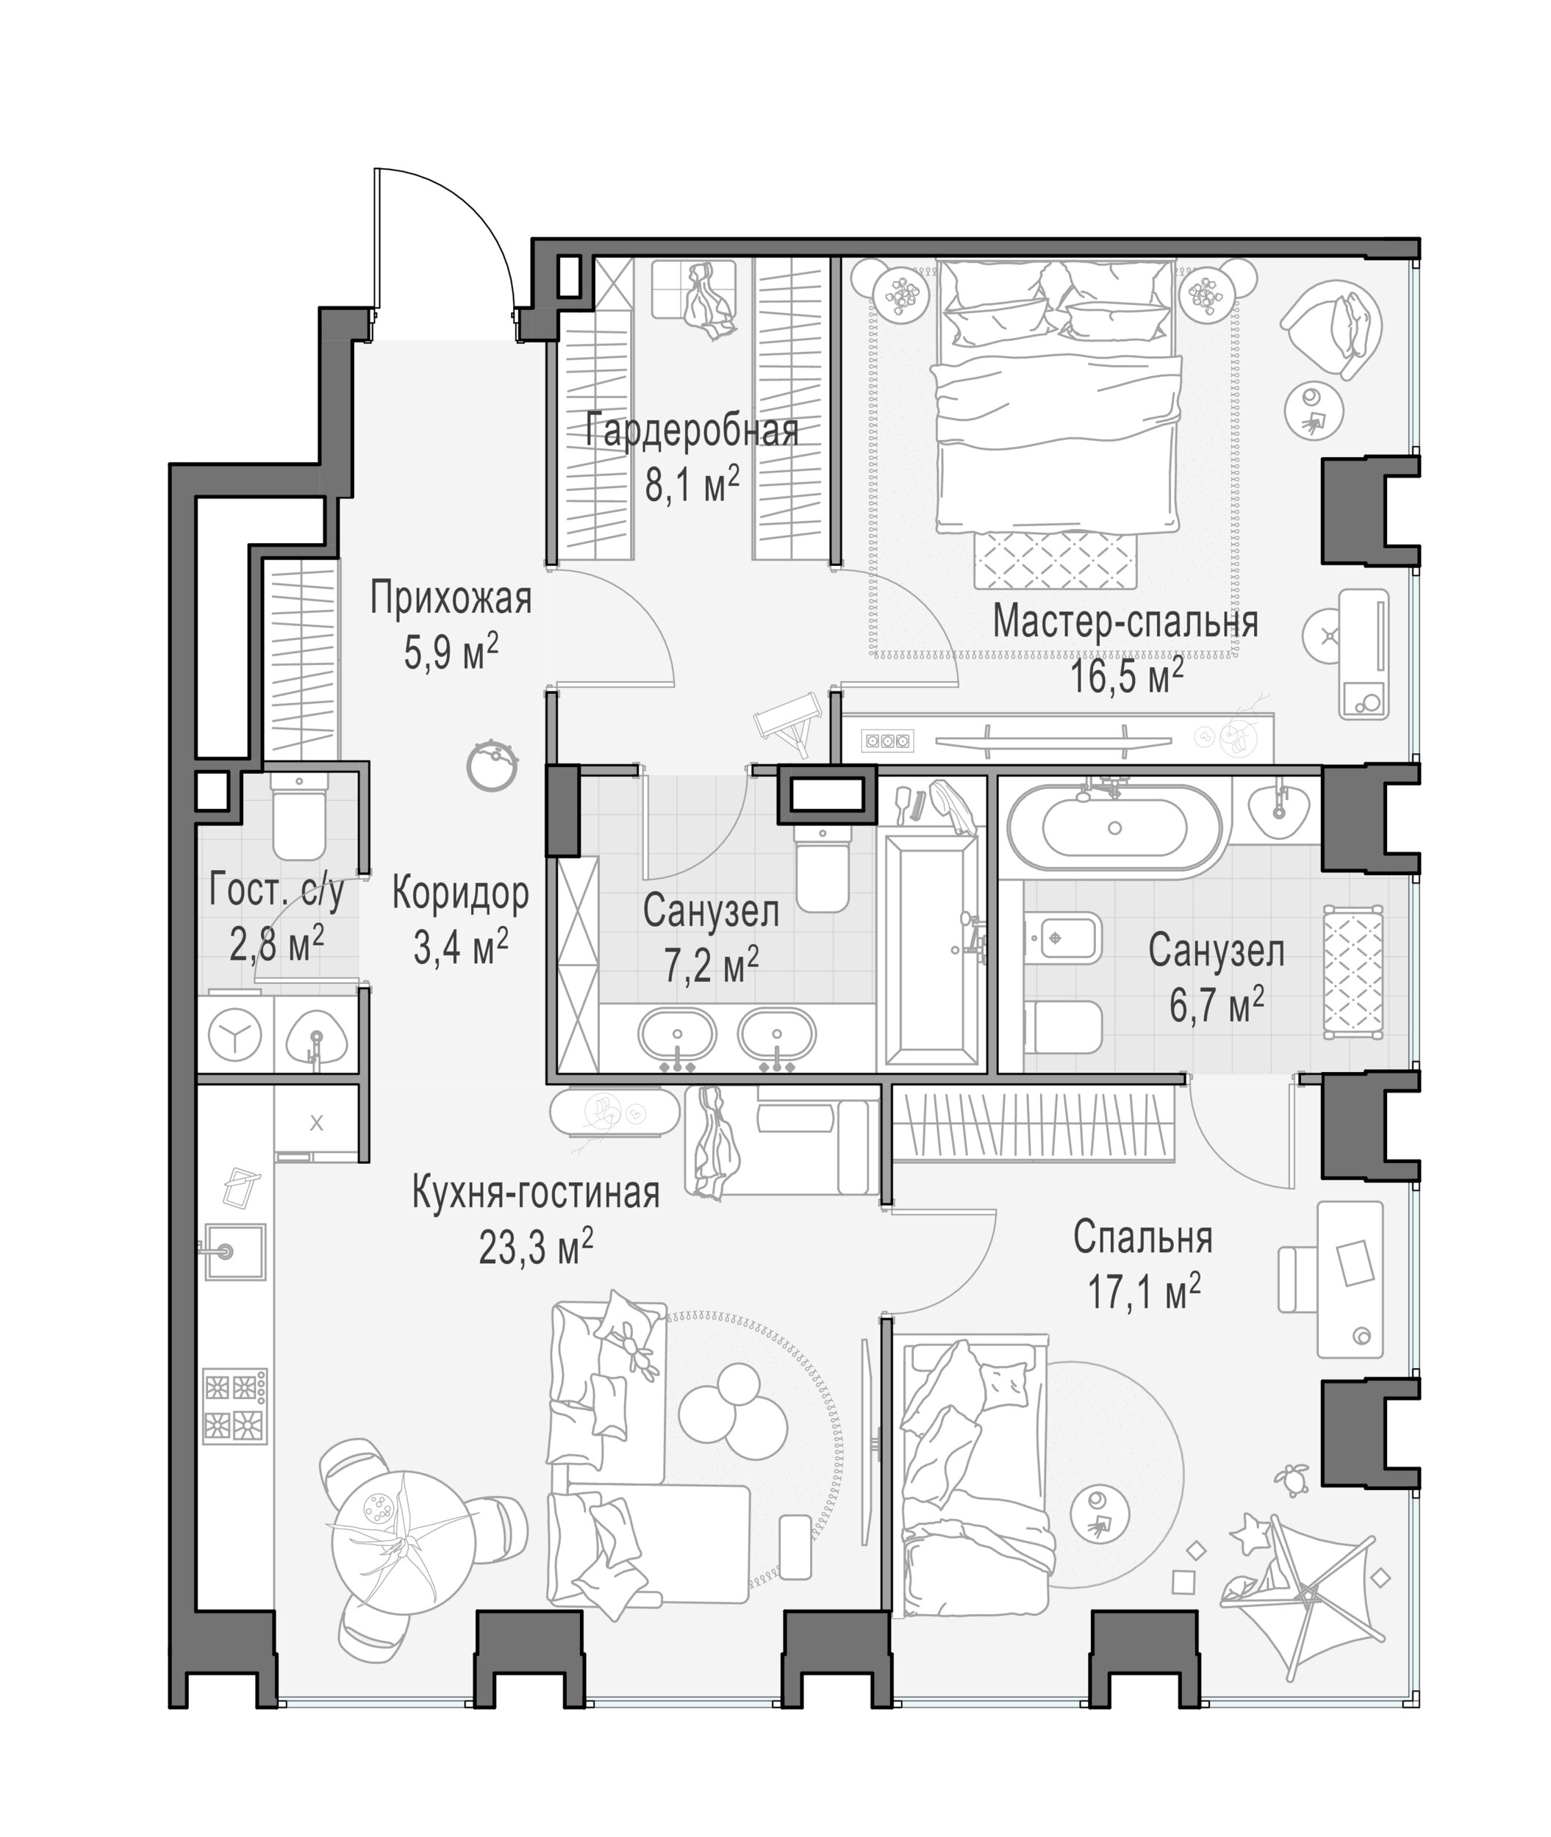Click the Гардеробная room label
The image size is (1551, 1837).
(x=692, y=431)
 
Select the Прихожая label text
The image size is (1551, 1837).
(x=451, y=599)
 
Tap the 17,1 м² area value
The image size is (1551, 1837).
(x=1144, y=1293)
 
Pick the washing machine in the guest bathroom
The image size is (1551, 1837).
(x=234, y=1034)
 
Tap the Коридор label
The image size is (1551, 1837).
(x=460, y=894)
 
